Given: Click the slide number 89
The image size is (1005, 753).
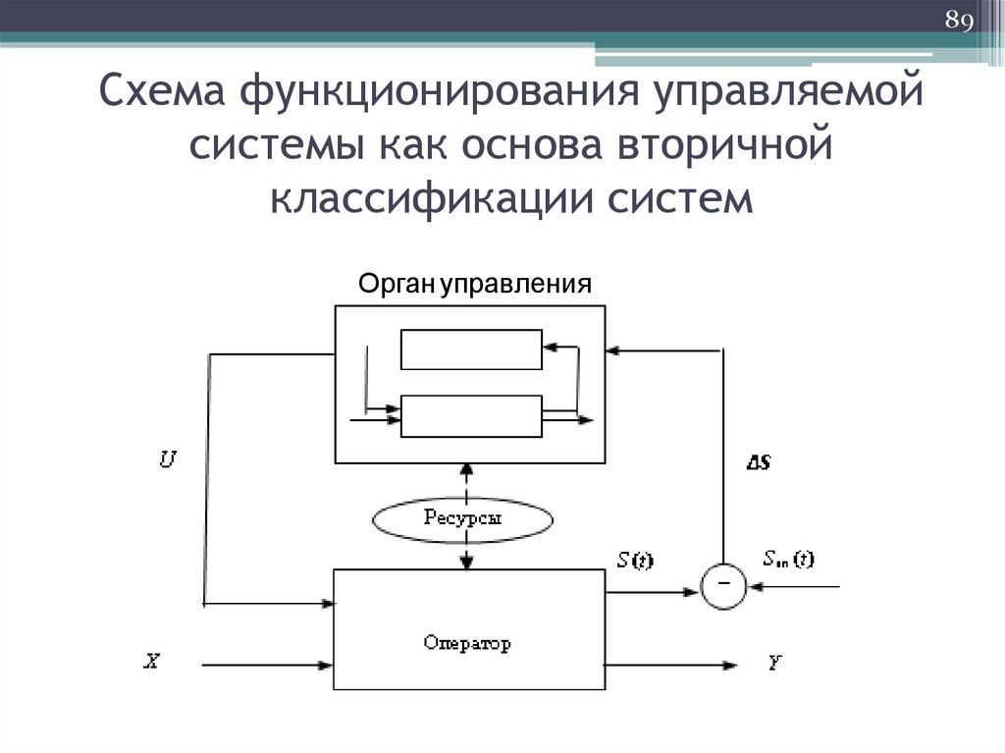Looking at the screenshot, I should click(x=957, y=20).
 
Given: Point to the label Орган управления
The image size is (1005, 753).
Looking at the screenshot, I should click(x=475, y=285).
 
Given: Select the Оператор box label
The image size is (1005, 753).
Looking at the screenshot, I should click(x=468, y=644).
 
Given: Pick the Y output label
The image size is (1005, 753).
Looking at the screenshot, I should click(x=775, y=663).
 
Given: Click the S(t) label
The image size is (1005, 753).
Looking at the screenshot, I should click(x=634, y=562).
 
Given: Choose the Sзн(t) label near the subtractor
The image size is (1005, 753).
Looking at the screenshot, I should click(x=787, y=561).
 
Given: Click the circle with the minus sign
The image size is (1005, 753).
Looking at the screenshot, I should click(x=722, y=587).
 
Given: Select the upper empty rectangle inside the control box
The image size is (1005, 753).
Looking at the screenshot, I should click(x=471, y=349).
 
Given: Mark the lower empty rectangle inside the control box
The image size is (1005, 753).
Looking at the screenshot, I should click(x=471, y=416).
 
